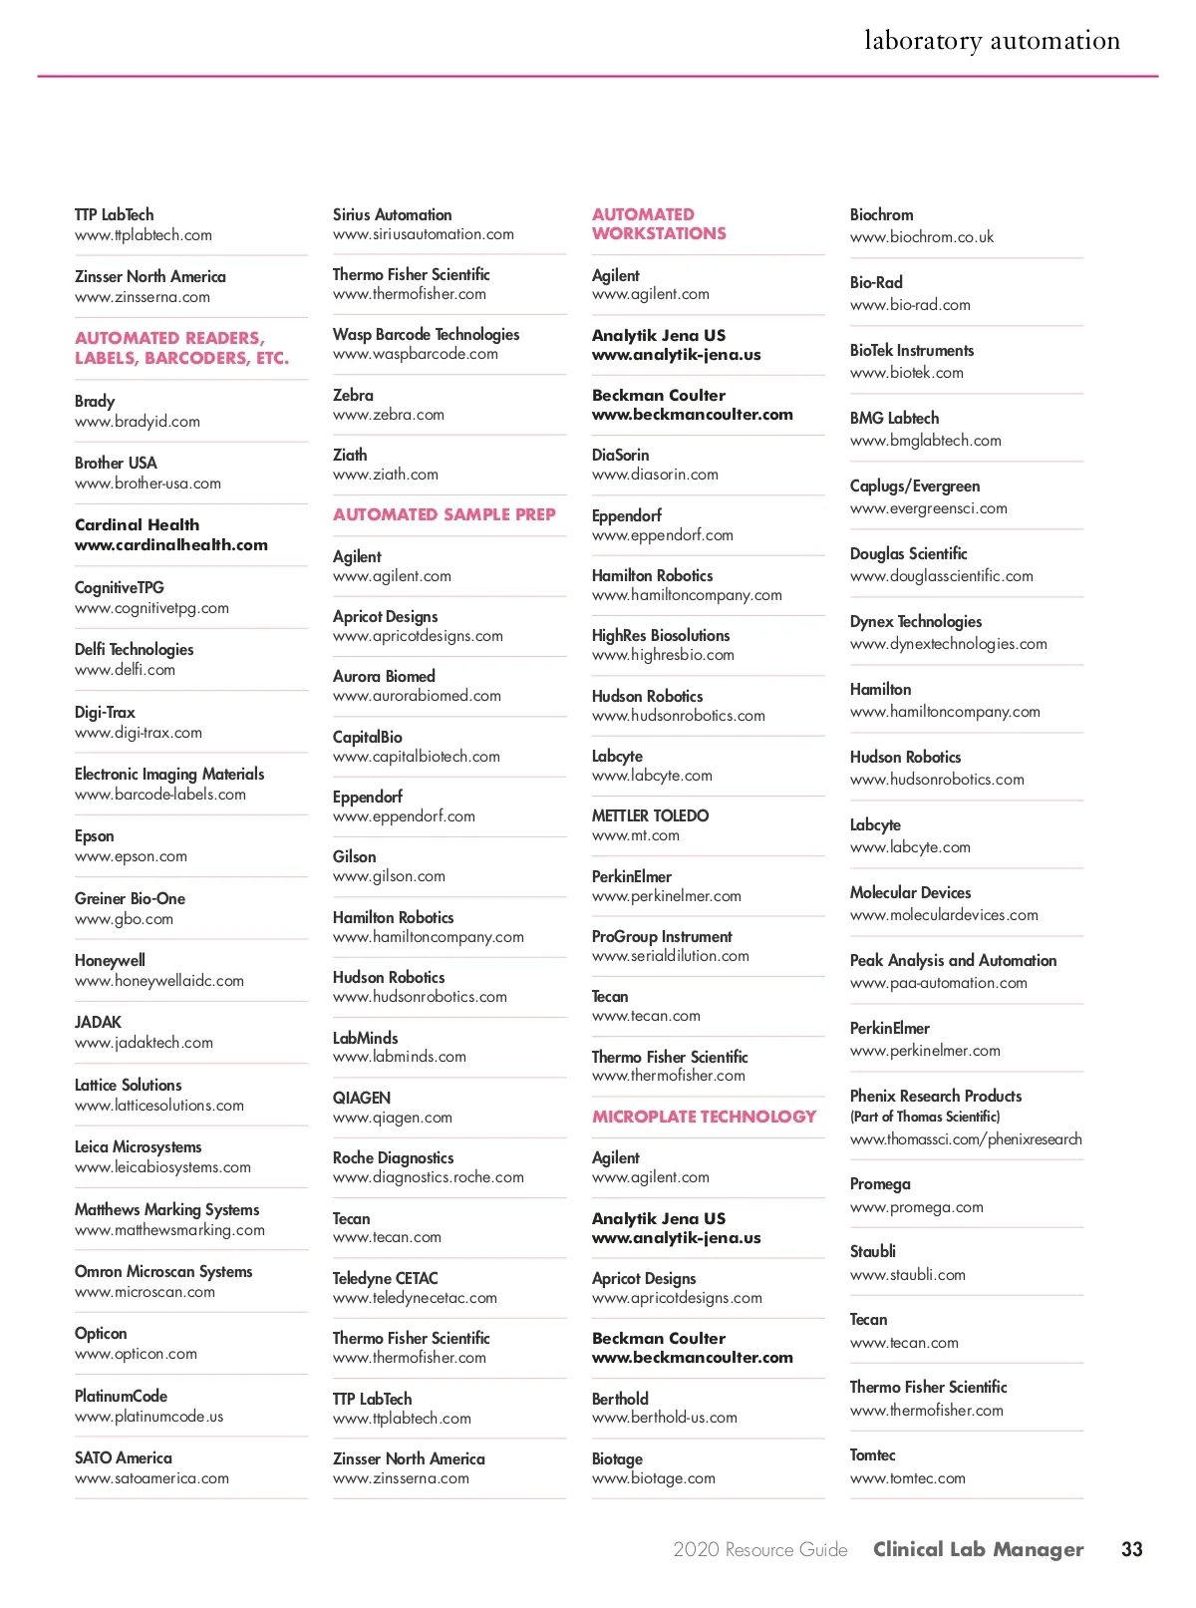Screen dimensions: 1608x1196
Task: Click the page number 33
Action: tap(1131, 1549)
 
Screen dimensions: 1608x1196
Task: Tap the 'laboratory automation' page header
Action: tap(992, 41)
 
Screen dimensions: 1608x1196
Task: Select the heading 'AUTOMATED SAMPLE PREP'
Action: tap(444, 514)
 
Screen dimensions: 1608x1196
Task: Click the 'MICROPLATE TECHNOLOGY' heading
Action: tap(704, 1117)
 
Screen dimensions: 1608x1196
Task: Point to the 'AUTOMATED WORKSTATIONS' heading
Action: tap(659, 223)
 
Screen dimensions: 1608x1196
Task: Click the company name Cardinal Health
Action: tap(137, 524)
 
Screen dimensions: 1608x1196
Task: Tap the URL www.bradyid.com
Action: tap(137, 422)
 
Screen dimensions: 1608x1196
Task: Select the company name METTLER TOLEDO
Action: tap(650, 815)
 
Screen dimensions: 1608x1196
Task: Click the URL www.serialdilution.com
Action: tap(670, 956)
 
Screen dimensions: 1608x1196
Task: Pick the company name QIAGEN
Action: tap(361, 1098)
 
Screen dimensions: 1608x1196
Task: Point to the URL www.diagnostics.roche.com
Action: tap(428, 1177)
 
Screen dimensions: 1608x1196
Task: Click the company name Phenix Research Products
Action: tap(935, 1096)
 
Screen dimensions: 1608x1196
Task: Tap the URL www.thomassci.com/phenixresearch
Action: tap(965, 1139)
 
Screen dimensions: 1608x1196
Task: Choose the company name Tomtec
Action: tap(872, 1455)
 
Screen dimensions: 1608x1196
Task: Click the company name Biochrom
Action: tap(881, 214)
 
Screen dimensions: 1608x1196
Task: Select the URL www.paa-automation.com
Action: tap(938, 983)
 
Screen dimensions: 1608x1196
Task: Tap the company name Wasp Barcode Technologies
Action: tap(426, 334)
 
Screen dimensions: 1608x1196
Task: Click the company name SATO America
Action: tap(123, 1457)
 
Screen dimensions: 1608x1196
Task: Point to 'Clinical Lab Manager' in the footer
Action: tap(978, 1549)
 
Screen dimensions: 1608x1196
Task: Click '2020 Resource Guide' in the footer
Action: tap(759, 1549)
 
